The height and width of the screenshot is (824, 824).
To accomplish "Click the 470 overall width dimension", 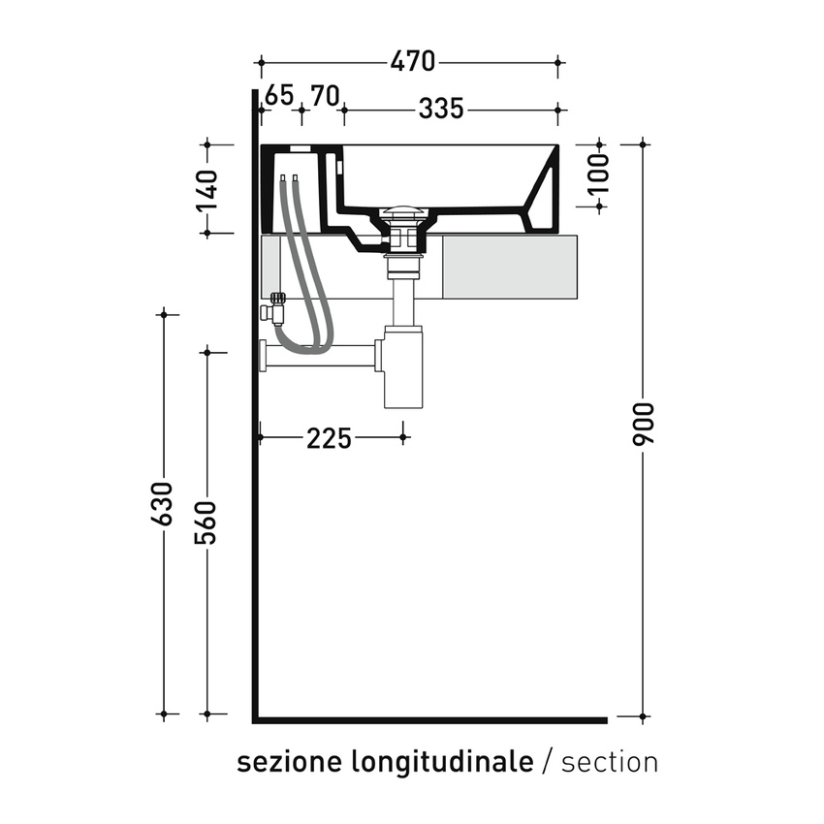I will pyautogui.click(x=413, y=62).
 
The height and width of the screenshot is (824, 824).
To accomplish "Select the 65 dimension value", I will pyautogui.click(x=278, y=95).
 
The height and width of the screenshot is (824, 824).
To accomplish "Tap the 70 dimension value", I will pyautogui.click(x=325, y=95).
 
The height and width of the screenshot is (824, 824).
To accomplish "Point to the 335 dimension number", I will pyautogui.click(x=441, y=110).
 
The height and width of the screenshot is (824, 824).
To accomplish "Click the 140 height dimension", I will pyautogui.click(x=206, y=189).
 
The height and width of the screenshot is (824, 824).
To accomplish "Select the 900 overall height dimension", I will pyautogui.click(x=645, y=424).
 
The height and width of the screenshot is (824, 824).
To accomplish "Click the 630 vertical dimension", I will pyautogui.click(x=163, y=504).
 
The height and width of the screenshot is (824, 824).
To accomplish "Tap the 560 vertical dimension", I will pyautogui.click(x=206, y=523).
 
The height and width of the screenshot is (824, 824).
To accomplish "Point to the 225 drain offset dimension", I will pyautogui.click(x=329, y=438).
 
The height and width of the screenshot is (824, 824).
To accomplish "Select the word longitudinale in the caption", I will pyautogui.click(x=441, y=762).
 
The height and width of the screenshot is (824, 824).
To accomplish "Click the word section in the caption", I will pyautogui.click(x=609, y=762).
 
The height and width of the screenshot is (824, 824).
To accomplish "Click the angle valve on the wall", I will pyautogui.click(x=275, y=309).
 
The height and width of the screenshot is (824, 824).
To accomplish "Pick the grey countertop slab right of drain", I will pyautogui.click(x=509, y=267).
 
